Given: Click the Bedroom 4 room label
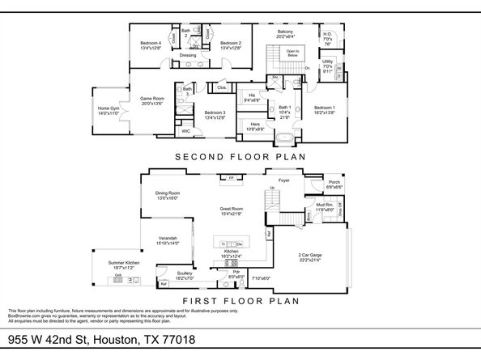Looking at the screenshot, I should pos(151,43).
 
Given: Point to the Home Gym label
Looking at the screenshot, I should pos(109,108).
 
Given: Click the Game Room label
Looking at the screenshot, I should pos(152,99).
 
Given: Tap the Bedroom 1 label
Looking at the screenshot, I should pos(326,108).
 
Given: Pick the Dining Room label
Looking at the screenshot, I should pos(168,193).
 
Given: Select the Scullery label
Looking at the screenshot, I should pos(184,273).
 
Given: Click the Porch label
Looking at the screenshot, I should pos(334,182).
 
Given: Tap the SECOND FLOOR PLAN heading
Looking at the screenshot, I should pos(241,156).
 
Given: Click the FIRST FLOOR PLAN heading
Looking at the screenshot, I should pos(241,299).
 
